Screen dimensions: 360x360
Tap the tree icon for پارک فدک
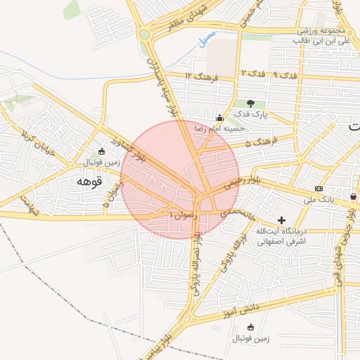point(250,103)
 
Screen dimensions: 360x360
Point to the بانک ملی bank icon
point(319,188)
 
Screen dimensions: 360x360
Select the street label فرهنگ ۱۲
point(200,75)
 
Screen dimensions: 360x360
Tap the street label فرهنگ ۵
point(258,143)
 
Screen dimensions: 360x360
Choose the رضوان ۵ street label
point(116,193)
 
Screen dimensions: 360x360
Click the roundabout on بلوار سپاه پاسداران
point(145,33)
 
